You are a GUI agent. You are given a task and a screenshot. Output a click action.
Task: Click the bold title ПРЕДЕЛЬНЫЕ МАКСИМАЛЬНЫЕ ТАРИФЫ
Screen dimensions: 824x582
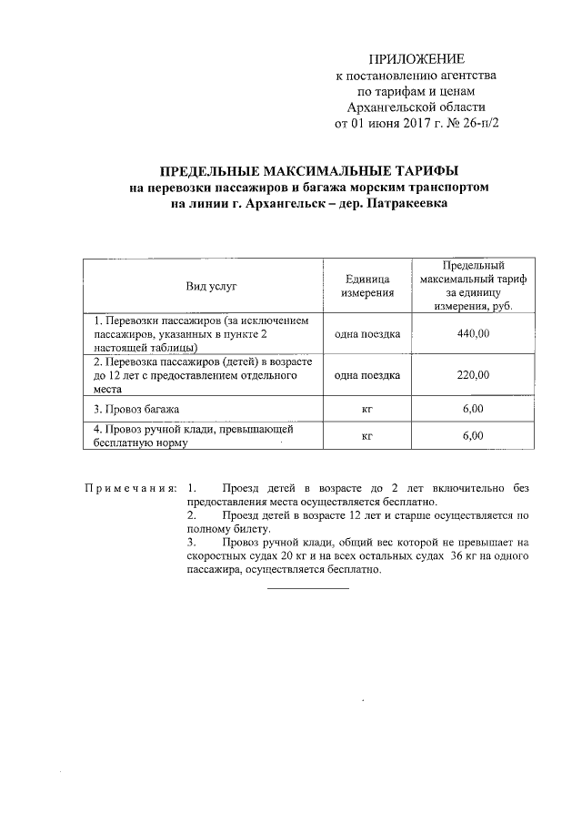pos(309,171)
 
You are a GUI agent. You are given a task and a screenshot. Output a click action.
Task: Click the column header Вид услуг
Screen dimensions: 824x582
pos(211,286)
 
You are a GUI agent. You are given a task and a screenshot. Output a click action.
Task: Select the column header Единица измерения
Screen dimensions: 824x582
pos(367,286)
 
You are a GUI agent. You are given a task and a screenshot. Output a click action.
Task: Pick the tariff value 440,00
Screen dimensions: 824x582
pos(473,334)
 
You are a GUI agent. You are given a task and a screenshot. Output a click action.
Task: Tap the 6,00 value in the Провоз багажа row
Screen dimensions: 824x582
pos(473,409)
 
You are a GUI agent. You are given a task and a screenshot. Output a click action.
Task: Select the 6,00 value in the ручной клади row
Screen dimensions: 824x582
pos(473,436)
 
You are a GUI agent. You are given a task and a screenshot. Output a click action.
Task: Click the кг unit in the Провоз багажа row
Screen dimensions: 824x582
pos(367,409)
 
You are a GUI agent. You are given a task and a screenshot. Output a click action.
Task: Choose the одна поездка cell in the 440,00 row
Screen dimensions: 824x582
pos(367,334)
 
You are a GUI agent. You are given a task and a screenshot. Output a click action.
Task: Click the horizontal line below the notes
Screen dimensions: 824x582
pos(307,587)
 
